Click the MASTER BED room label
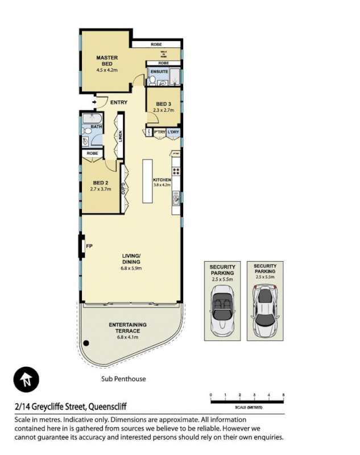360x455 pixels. point(106,61)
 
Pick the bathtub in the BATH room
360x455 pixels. point(91,119)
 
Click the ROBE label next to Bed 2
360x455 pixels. point(92,153)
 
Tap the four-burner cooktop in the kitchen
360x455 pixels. point(176,171)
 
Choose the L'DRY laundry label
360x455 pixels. point(173,132)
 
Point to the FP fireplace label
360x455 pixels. point(89,246)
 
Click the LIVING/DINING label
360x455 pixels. point(131,259)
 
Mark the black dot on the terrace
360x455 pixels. point(86,342)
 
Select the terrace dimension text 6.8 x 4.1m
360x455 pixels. point(127,337)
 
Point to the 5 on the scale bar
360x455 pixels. point(283,395)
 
